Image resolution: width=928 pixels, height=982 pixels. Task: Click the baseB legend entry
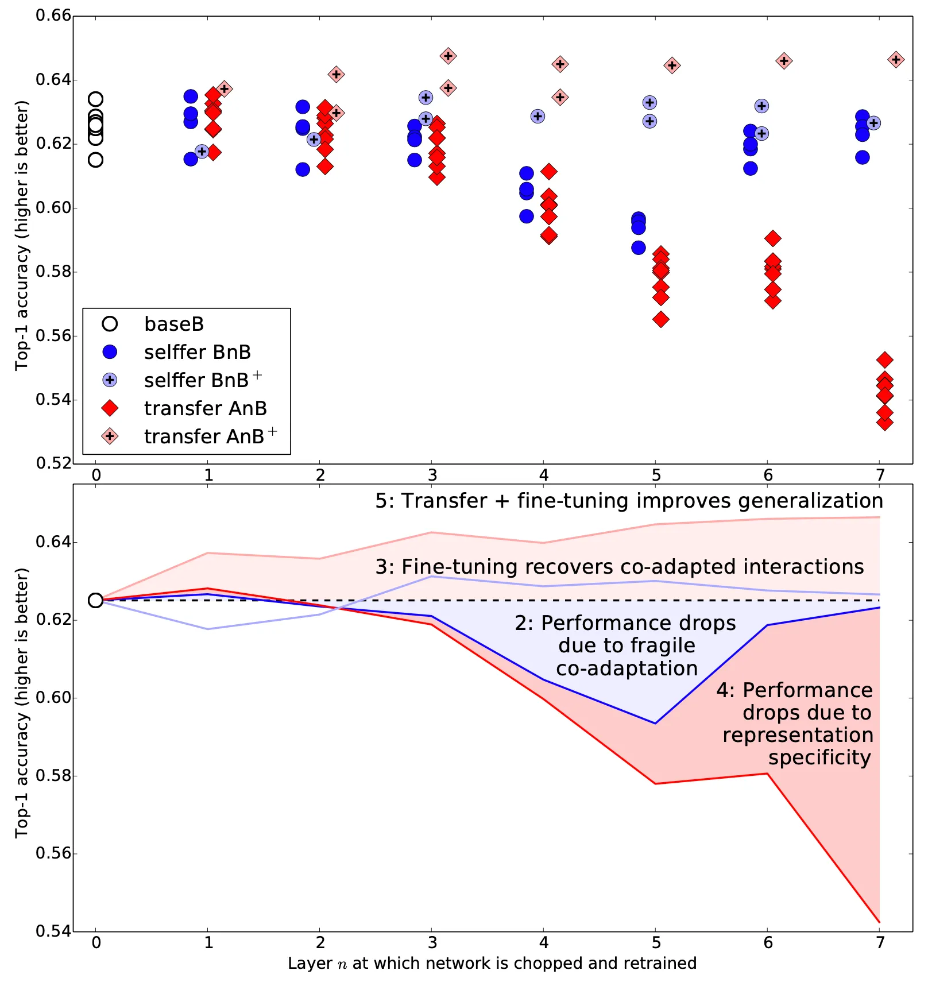pyautogui.click(x=173, y=324)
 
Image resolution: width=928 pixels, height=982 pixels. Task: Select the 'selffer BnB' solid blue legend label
pyautogui.click(x=197, y=352)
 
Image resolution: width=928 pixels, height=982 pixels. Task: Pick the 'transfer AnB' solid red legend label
pyautogui.click(x=205, y=408)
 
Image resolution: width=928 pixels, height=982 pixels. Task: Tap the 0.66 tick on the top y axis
pyautogui.click(x=53, y=16)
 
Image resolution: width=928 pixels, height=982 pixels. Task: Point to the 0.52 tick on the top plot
pyautogui.click(x=53, y=463)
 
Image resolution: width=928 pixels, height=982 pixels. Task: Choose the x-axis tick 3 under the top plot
pyautogui.click(x=432, y=475)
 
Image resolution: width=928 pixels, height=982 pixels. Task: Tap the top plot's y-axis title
pyautogui.click(x=22, y=235)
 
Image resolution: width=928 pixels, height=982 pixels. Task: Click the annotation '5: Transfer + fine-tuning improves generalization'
pyautogui.click(x=629, y=501)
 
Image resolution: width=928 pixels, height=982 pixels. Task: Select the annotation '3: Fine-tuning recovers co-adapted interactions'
pyautogui.click(x=619, y=567)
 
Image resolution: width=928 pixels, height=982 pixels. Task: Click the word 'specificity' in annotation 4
pyautogui.click(x=819, y=757)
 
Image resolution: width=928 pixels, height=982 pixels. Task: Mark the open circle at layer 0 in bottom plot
pyautogui.click(x=95, y=601)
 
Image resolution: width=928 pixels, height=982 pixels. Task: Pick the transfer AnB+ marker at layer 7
pyautogui.click(x=896, y=60)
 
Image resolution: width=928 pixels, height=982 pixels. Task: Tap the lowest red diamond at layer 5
pyautogui.click(x=661, y=319)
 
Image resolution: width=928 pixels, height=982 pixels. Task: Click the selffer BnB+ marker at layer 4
pyautogui.click(x=538, y=117)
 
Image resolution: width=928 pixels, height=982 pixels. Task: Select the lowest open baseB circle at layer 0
pyautogui.click(x=96, y=160)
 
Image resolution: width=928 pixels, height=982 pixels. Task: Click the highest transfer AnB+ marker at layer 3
pyautogui.click(x=448, y=56)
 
